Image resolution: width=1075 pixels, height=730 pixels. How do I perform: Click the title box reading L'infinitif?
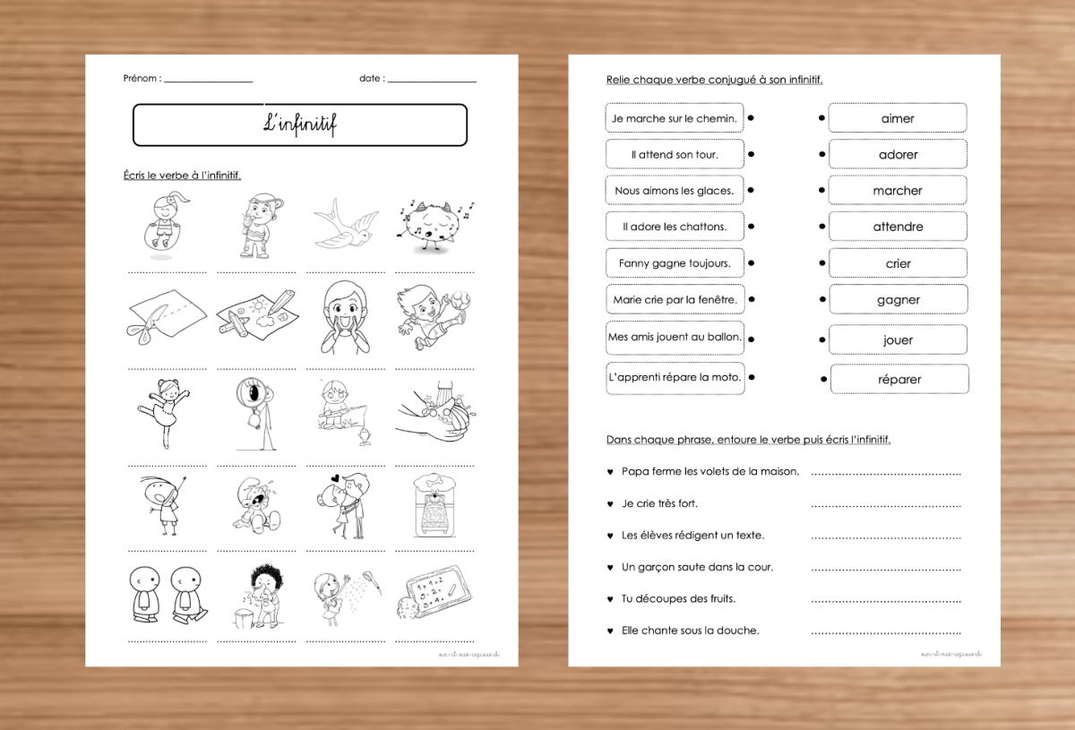point(300,125)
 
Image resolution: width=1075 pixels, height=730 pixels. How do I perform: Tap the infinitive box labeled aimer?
point(898,118)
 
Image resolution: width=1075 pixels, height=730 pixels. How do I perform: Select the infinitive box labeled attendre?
point(898,227)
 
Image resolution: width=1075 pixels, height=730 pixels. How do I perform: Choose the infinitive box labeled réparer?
point(899,379)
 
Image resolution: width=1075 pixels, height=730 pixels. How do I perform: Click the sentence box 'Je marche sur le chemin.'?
point(674,118)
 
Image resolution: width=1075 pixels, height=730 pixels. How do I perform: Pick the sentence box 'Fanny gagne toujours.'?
point(674,263)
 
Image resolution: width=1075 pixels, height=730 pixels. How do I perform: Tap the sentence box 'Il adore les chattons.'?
point(674,227)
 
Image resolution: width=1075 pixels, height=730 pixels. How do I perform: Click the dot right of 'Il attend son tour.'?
point(751,154)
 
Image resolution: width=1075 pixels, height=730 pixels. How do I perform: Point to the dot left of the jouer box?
point(822,340)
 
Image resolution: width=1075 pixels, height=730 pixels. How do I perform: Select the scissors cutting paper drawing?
point(166,319)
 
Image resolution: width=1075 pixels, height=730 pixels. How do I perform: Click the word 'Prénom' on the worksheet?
point(142,78)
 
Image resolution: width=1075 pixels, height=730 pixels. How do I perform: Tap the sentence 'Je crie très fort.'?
point(659,503)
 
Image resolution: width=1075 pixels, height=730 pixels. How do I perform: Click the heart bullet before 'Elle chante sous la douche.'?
point(610,631)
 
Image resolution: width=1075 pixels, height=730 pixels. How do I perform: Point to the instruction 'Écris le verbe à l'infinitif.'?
point(182,175)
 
